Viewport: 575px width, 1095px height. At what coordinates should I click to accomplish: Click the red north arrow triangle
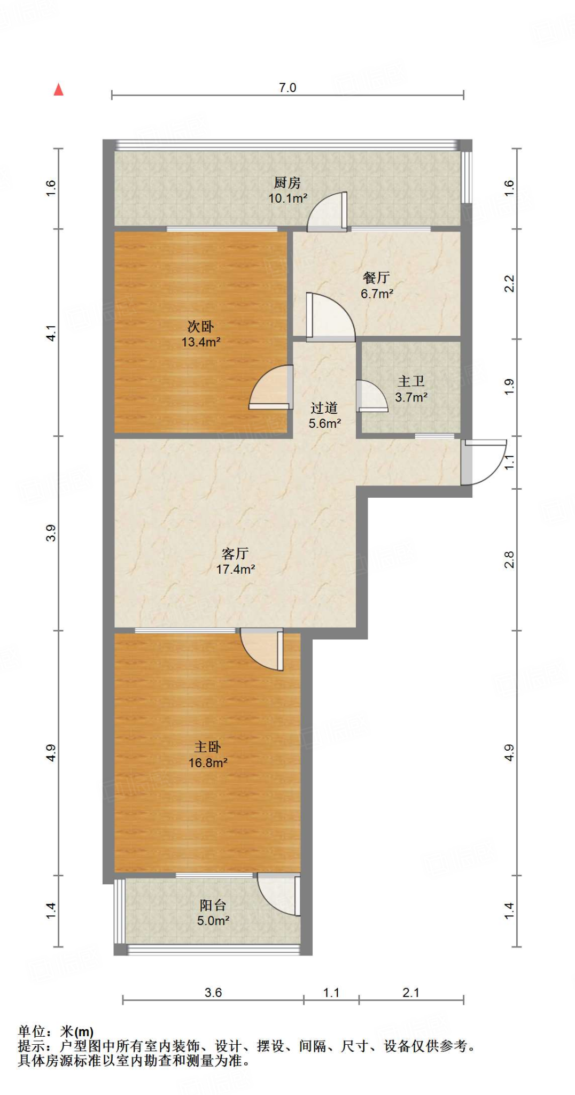point(59,89)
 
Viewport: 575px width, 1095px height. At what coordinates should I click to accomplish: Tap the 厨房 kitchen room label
point(287,183)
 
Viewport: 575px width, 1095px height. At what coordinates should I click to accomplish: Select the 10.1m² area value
point(287,198)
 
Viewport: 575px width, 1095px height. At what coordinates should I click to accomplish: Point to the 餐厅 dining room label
point(376,278)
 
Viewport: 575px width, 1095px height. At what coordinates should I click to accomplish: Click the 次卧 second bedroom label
point(200,327)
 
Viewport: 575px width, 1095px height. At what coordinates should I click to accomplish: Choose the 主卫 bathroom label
point(411,382)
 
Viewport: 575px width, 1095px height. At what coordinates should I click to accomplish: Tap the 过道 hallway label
point(324,408)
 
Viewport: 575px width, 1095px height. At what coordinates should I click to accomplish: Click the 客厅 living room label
point(235,554)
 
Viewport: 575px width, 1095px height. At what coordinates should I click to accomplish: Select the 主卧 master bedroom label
point(207,747)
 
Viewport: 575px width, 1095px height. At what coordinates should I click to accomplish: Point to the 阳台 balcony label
point(213,905)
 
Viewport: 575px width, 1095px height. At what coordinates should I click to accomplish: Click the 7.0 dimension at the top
point(287,88)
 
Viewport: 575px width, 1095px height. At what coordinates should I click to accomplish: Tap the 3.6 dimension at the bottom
point(213,993)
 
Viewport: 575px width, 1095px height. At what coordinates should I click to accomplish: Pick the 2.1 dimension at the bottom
point(411,993)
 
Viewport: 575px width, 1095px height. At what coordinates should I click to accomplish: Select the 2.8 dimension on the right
point(509,560)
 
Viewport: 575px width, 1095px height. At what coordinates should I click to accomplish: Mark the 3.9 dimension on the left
point(51,533)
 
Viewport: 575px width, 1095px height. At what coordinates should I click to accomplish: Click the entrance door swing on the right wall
point(484,462)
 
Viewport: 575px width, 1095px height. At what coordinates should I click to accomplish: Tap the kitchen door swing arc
point(327,211)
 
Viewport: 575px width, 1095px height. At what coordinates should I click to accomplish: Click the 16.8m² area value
point(208,763)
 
